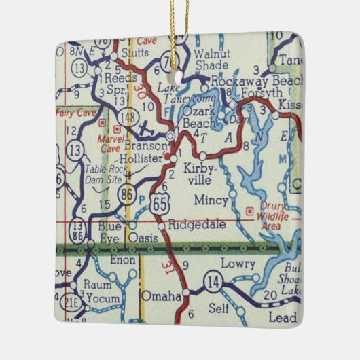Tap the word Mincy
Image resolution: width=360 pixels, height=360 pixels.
[x=206, y=200]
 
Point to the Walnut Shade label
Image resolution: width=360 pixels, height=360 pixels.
[x=211, y=59]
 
